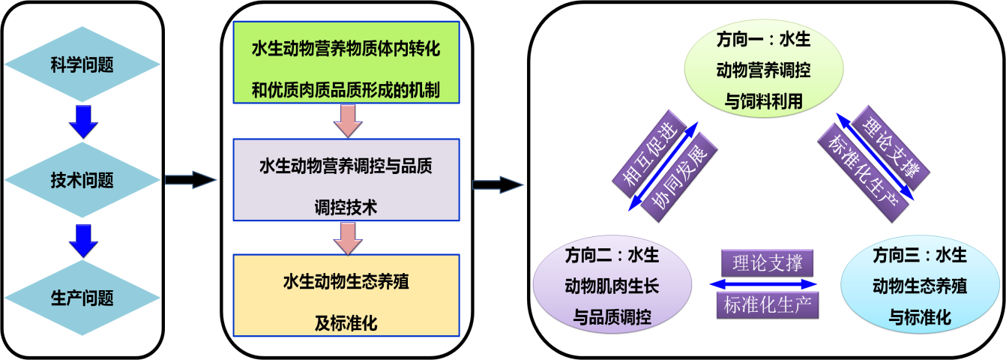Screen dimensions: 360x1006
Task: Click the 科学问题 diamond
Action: click(x=82, y=64)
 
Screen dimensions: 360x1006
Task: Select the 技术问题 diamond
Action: click(x=82, y=181)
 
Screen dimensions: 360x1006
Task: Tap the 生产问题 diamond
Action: click(x=82, y=298)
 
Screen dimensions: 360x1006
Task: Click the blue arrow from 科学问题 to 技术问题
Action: click(x=82, y=121)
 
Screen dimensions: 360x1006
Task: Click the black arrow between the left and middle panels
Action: click(x=188, y=180)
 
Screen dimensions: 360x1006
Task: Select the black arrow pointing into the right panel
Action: click(x=497, y=184)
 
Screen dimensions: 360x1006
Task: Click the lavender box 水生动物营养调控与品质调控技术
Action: click(x=346, y=180)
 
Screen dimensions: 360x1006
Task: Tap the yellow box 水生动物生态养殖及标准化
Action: click(x=346, y=296)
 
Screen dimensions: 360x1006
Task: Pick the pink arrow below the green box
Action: click(x=346, y=121)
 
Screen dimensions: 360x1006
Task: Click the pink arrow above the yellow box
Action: click(x=346, y=238)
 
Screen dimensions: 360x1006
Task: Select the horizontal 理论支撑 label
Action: click(x=766, y=263)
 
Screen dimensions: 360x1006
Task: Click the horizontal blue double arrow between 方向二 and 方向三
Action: click(x=763, y=284)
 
